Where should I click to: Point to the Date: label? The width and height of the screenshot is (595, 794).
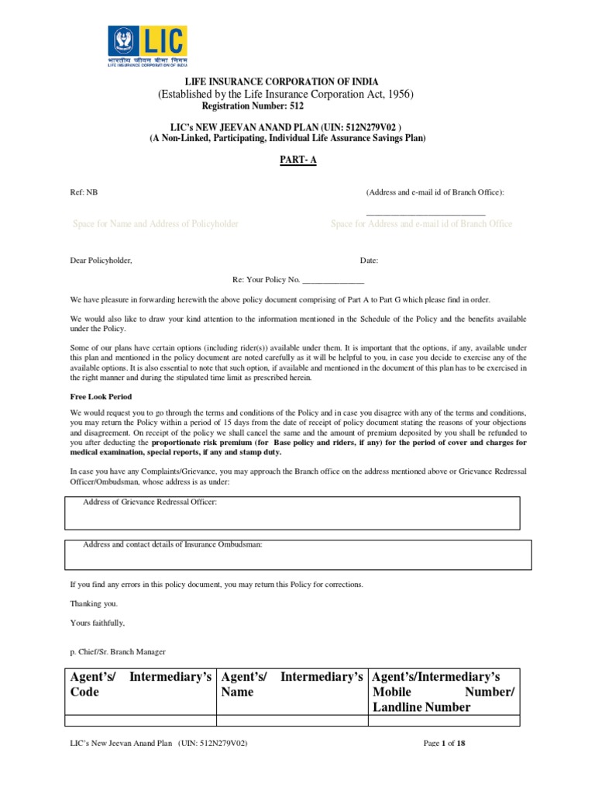[369, 261]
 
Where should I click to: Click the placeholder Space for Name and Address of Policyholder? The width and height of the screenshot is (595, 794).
[155, 224]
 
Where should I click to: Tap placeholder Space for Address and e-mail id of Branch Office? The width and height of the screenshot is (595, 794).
[421, 224]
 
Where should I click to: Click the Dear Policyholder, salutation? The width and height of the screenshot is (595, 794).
[101, 261]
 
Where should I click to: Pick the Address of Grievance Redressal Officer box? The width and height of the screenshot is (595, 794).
[293, 513]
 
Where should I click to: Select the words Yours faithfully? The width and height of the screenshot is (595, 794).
[98, 623]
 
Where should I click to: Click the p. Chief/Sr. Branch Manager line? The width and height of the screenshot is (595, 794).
[118, 652]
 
